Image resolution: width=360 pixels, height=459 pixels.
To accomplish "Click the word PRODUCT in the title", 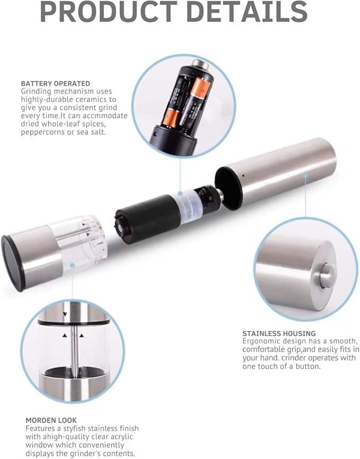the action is point(108,12).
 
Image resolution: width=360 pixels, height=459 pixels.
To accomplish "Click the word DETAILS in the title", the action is point(247,12).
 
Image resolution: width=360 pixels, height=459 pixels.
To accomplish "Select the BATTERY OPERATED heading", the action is point(55,83).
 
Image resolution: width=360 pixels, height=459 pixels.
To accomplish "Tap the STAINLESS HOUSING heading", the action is point(279,333).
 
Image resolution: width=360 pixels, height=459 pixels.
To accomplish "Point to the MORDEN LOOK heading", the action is point(51,420).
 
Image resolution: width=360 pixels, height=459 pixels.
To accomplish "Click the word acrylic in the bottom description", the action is point(121,437).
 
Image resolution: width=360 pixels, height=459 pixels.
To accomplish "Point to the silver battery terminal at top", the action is point(200,64).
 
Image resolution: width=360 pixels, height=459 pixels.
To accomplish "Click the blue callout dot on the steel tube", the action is point(305,175).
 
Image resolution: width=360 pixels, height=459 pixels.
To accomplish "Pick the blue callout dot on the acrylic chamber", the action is point(72,265).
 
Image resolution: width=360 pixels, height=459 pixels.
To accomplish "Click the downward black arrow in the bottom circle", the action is point(65,314).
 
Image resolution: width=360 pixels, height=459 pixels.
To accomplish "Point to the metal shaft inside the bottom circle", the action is point(75,348).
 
